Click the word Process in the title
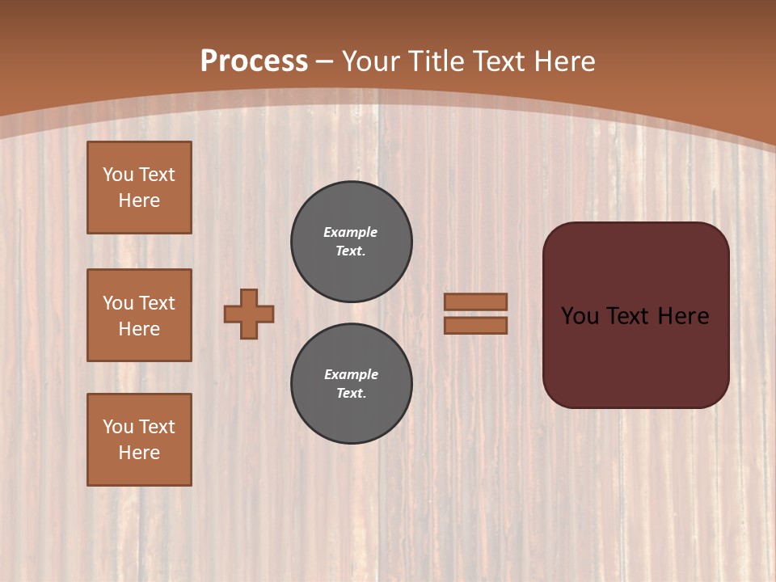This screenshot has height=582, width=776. pyautogui.click(x=254, y=61)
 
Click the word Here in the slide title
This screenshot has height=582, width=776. pyautogui.click(x=563, y=61)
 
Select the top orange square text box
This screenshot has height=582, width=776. pyautogui.click(x=139, y=188)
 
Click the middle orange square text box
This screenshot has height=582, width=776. pyautogui.click(x=139, y=315)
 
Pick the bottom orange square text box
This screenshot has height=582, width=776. pyautogui.click(x=139, y=440)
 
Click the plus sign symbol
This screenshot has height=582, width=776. pyautogui.click(x=249, y=314)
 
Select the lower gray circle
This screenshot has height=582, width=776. pyautogui.click(x=352, y=384)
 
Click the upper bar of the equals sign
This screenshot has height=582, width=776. pyautogui.click(x=475, y=302)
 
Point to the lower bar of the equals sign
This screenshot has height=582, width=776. pyautogui.click(x=475, y=325)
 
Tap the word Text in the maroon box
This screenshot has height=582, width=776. pyautogui.click(x=630, y=316)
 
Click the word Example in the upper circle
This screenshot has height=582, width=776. pyautogui.click(x=350, y=232)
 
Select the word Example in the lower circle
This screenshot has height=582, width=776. pyautogui.click(x=351, y=374)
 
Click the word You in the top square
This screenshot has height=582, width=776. pyautogui.click(x=117, y=175)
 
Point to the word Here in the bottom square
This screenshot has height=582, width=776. pyautogui.click(x=139, y=453)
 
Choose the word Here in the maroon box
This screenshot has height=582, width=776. pyautogui.click(x=683, y=316)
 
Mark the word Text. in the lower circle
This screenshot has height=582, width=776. pyautogui.click(x=351, y=393)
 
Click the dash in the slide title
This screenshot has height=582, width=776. pyautogui.click(x=324, y=61)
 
